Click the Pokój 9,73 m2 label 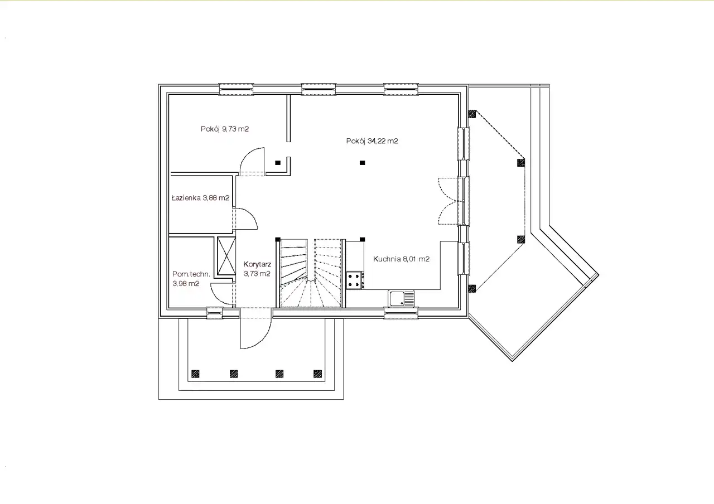[x=225, y=129]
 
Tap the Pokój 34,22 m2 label [x=372, y=141]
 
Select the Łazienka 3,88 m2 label [x=200, y=198]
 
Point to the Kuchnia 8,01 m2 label [x=401, y=259]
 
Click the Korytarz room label [x=257, y=269]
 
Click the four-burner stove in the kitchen [x=355, y=280]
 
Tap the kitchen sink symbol [x=401, y=298]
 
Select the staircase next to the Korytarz [x=311, y=273]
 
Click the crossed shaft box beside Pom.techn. [x=226, y=256]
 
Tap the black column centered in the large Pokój [x=362, y=163]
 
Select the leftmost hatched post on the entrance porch [x=195, y=374]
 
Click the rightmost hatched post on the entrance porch [x=317, y=374]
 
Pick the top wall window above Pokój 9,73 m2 [x=236, y=89]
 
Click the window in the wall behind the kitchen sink [x=401, y=313]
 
